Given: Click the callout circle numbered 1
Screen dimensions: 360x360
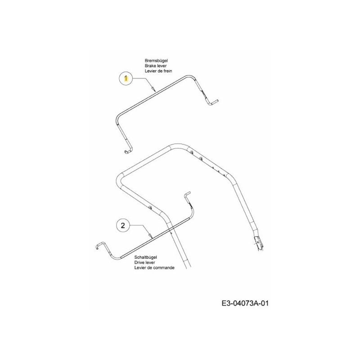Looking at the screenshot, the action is tap(126, 79).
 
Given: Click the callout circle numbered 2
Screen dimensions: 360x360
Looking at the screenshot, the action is tap(123, 225).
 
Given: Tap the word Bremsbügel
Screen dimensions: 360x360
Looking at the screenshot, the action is tap(156, 61).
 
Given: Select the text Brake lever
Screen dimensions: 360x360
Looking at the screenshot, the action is tap(156, 66).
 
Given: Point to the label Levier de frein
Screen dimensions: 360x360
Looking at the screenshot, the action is tap(158, 71).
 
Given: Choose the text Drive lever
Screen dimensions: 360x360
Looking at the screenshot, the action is tap(144, 262).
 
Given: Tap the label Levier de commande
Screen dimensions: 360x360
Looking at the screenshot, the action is tap(154, 267).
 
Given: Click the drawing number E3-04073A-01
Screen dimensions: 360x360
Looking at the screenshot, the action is tap(245, 303).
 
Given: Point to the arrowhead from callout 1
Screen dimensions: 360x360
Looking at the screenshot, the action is tap(153, 89).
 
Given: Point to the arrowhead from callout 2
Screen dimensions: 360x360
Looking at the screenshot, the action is tap(150, 235).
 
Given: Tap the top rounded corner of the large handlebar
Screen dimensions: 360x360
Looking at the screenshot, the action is tap(178, 145).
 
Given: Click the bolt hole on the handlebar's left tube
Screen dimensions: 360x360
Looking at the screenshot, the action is tap(150, 207).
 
